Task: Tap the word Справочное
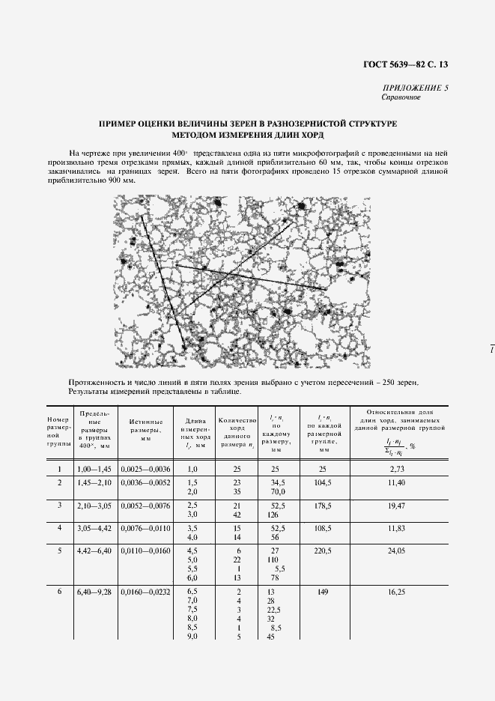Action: click(401, 97)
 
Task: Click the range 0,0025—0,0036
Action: click(145, 469)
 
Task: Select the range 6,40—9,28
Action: click(94, 592)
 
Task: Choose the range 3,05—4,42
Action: click(94, 528)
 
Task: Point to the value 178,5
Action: click(323, 507)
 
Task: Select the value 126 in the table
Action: click(274, 515)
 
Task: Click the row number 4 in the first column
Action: click(58, 528)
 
